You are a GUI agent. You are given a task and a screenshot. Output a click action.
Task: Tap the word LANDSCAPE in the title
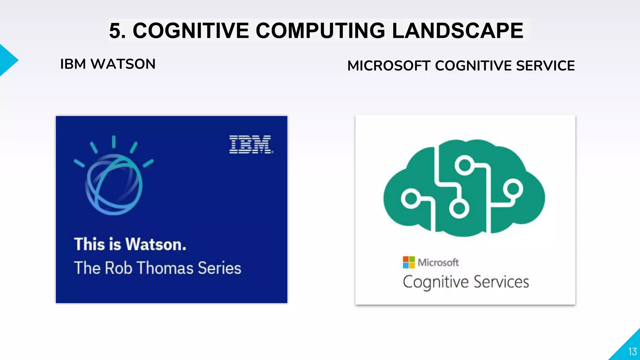pos(457,31)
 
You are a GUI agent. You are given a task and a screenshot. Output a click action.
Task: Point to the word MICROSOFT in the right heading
pos(389,66)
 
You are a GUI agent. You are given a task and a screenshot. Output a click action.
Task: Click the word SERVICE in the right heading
pos(545,66)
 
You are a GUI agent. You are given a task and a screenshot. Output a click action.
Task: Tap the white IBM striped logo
pos(251,144)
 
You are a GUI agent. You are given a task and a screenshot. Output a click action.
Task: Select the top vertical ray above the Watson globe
pos(114,142)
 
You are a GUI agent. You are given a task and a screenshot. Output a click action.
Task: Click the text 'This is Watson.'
pos(130,244)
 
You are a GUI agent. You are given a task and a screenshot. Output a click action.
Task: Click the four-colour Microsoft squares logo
pos(409,262)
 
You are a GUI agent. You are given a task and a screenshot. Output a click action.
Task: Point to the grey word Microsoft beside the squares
pos(438,262)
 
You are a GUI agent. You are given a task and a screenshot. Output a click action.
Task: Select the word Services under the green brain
pos(501,282)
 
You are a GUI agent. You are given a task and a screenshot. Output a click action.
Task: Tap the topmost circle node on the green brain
pos(464,165)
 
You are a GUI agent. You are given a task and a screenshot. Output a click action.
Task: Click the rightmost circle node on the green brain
pos(513,189)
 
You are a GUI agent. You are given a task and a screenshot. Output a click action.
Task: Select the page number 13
pos(632,352)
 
